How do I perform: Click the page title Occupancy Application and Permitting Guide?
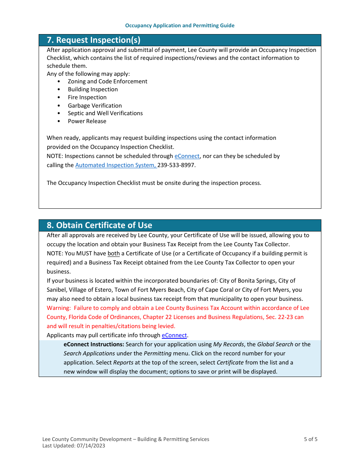click(x=180, y=26)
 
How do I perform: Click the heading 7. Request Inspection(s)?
click(x=93, y=40)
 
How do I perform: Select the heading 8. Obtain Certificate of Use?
click(x=99, y=225)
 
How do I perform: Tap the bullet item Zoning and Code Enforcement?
click(x=107, y=81)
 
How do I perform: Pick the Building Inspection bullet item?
click(x=92, y=89)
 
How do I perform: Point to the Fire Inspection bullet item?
click(x=87, y=97)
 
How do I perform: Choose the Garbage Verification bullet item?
click(x=95, y=106)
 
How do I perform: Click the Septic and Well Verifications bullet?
click(x=105, y=113)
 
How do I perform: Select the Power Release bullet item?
click(x=87, y=121)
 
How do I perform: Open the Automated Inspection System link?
click(x=115, y=165)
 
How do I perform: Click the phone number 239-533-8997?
click(x=176, y=165)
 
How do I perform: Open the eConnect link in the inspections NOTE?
click(x=187, y=156)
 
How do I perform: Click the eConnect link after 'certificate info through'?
click(x=174, y=335)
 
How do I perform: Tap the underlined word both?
click(x=113, y=253)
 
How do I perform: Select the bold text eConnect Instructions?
click(x=94, y=344)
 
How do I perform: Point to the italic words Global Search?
click(x=275, y=344)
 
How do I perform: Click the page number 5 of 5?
click(x=310, y=439)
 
